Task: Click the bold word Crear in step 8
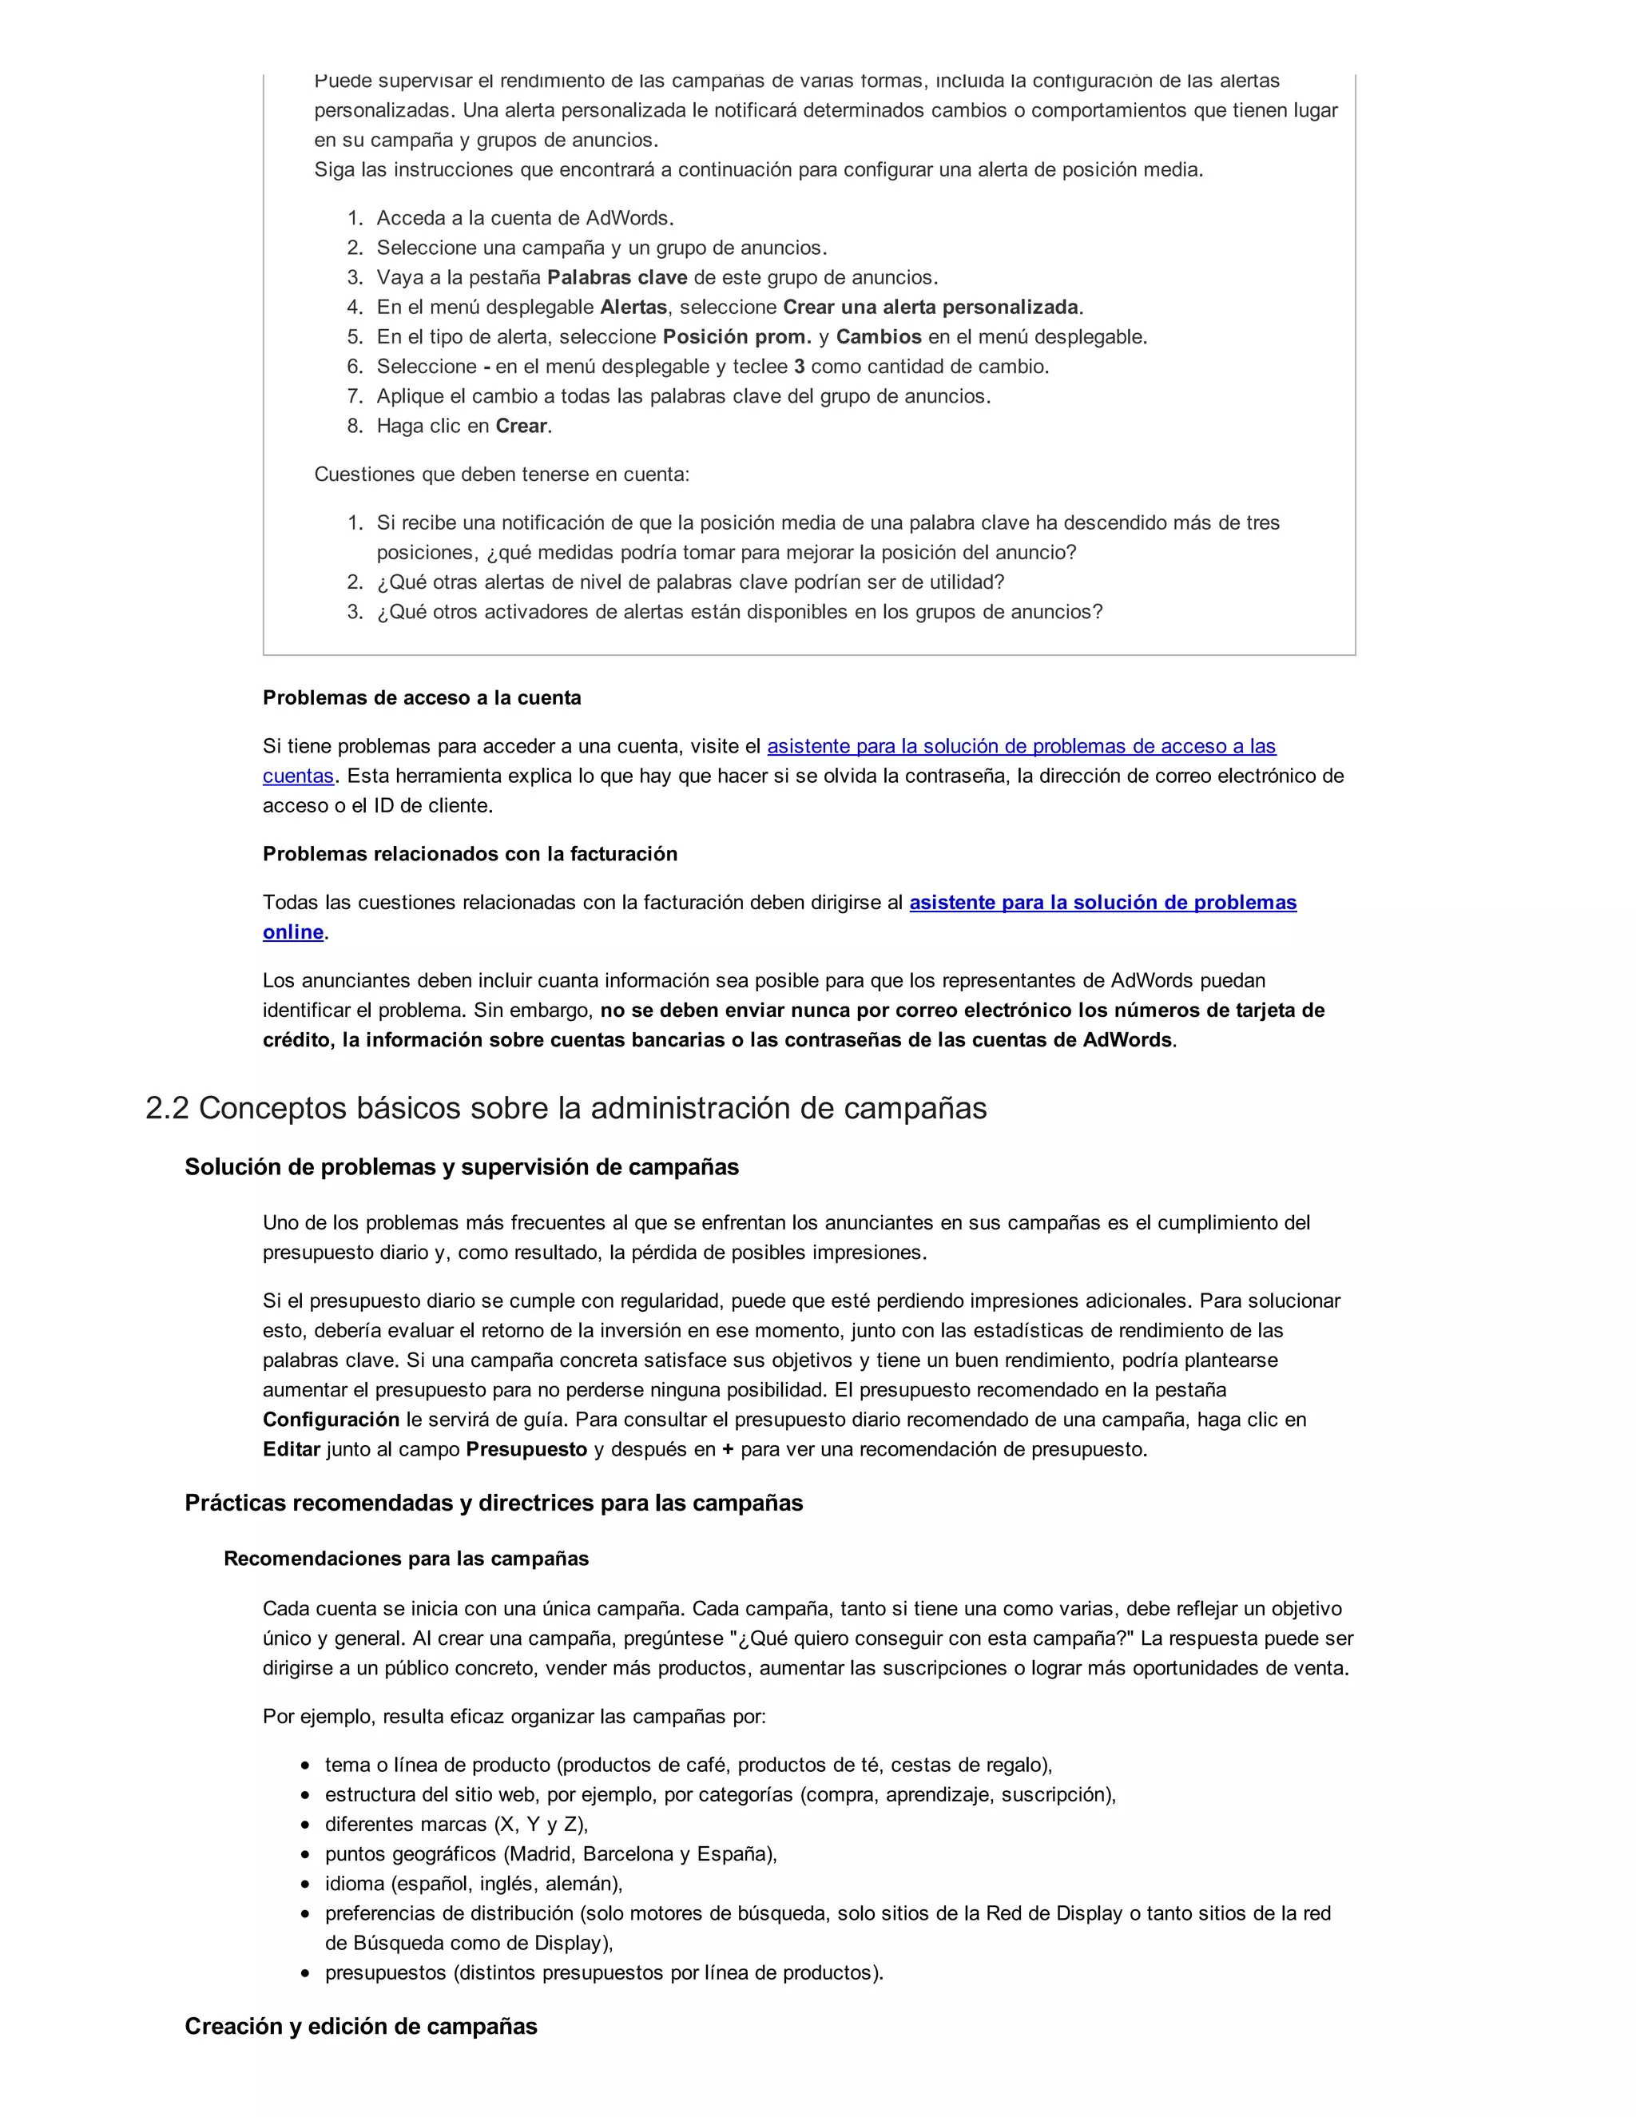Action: coord(522,426)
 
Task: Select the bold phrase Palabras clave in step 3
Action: coord(617,277)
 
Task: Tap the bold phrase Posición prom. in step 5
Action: coord(737,336)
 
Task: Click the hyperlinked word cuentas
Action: coord(297,776)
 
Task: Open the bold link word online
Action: coord(292,931)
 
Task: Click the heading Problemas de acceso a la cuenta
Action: coord(422,698)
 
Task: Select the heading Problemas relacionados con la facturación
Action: coord(470,854)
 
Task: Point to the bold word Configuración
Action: coord(331,1419)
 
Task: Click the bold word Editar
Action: coord(291,1449)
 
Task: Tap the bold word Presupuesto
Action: coord(526,1449)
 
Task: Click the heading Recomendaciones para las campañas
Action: coord(406,1559)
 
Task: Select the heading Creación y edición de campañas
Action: coord(360,2026)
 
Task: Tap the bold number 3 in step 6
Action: coord(799,367)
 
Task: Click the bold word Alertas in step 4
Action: coord(633,308)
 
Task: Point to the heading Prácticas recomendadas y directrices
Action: coord(494,1503)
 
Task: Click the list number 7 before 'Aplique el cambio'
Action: coord(355,396)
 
